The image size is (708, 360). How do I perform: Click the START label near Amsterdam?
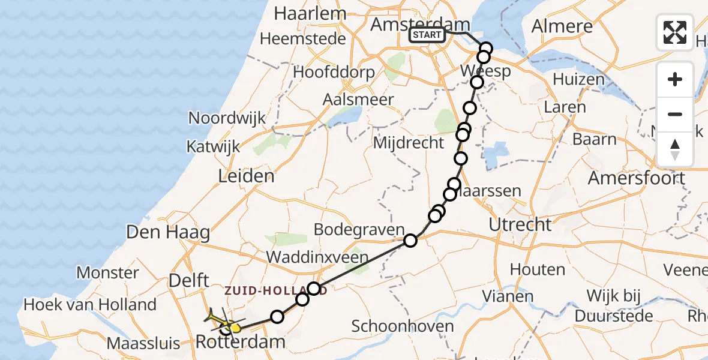[x=427, y=35]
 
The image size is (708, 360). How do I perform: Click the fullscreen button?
[x=675, y=32]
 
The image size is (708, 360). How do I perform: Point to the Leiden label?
[x=247, y=176]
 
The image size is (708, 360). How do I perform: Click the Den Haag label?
[x=169, y=233]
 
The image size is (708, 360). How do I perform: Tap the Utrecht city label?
[x=520, y=225]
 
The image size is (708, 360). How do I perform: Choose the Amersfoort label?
[x=637, y=179]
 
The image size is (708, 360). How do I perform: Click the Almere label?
[x=562, y=27]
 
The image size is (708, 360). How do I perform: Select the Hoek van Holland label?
[x=90, y=305]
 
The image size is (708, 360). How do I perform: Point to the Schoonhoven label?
[x=403, y=326]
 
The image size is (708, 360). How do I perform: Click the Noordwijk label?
[x=227, y=118]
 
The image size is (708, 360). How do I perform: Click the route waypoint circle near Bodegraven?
[x=410, y=241]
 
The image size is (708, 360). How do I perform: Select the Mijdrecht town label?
[x=409, y=143]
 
